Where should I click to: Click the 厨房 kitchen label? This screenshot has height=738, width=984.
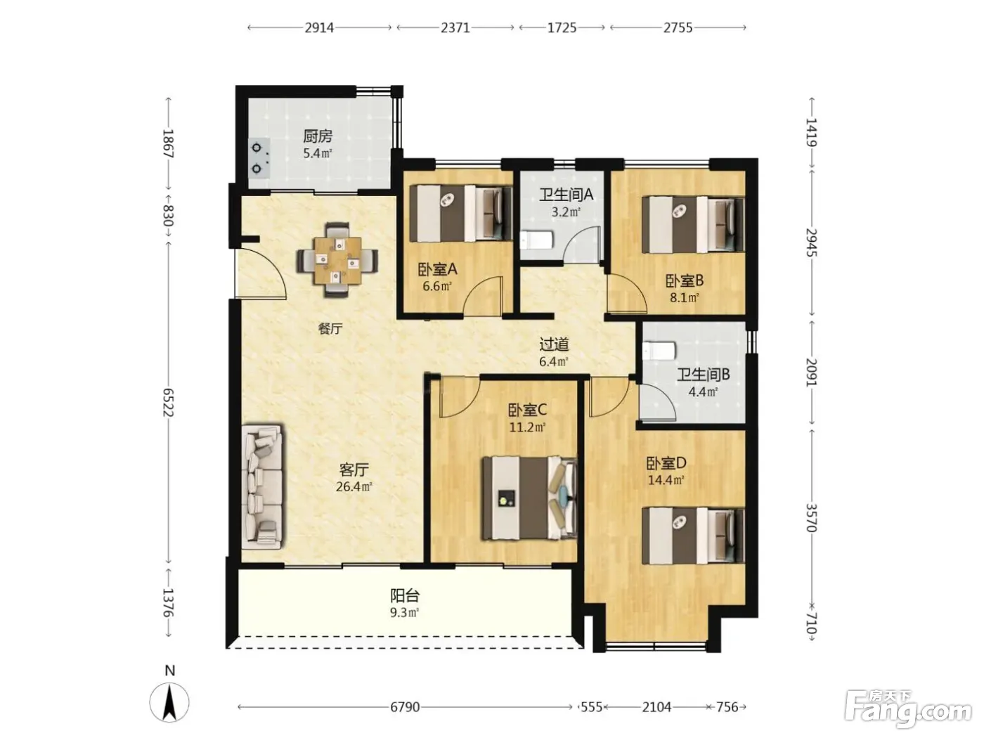coord(318,136)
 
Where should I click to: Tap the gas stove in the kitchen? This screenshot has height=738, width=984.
coord(259,157)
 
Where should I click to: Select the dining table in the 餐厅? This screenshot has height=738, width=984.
coord(337,260)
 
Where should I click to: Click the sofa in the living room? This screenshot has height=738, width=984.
coord(262,486)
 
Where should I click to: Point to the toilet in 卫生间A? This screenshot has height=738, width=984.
coord(536,240)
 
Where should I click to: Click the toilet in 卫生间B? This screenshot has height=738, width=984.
coord(659,351)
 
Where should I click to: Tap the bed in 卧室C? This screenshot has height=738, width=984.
coord(529,498)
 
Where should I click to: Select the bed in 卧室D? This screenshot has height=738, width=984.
coord(692,535)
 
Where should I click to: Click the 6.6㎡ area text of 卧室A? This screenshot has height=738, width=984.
coord(436,286)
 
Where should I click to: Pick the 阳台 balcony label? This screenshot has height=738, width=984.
coord(405,596)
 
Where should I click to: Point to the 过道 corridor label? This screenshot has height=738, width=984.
coord(554,344)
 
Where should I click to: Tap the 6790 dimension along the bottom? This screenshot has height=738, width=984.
coord(405,707)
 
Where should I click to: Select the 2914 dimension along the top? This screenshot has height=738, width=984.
coord(319,28)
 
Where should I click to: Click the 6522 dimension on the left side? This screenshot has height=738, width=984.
coord(168,402)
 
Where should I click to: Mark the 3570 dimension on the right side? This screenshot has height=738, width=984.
coord(811,517)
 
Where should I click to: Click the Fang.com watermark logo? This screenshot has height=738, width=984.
coord(907,709)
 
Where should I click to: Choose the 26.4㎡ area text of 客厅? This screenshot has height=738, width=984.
coord(354,486)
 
